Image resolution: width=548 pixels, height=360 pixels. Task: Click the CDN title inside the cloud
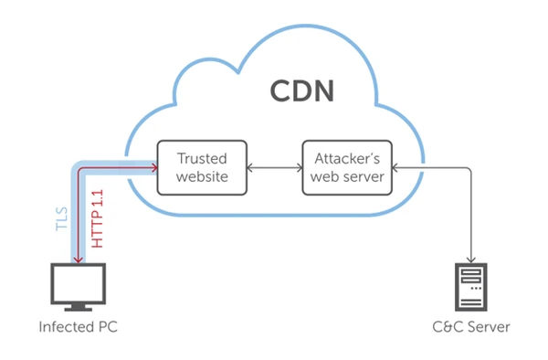tap(301, 93)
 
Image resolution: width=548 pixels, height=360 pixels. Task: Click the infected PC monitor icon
tap(79, 288)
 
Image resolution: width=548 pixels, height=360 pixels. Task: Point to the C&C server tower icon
tap(472, 287)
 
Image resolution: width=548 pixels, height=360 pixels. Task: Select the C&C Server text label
tap(472, 327)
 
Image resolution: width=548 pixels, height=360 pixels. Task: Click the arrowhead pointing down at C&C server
tap(472, 259)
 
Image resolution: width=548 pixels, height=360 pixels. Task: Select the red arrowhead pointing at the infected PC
tap(79, 260)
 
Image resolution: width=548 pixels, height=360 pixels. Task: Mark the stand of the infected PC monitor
tap(79, 309)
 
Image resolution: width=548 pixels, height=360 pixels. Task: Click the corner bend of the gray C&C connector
tap(472, 167)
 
